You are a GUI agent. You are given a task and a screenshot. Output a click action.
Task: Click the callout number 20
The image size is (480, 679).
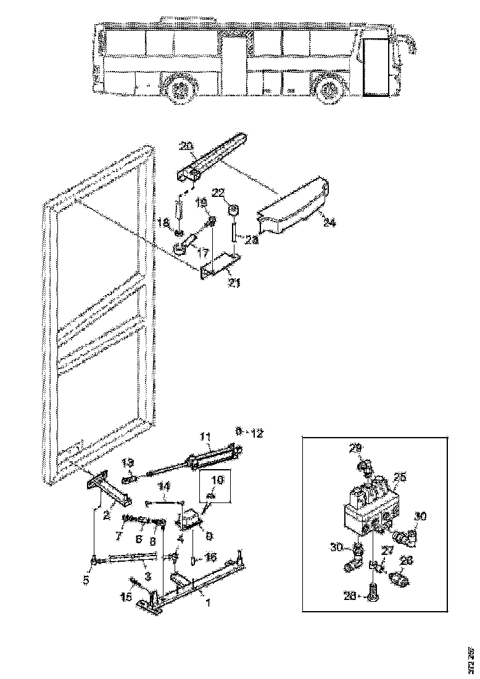pos(187,146)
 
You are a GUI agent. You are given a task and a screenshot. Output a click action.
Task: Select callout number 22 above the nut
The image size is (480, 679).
pos(218,193)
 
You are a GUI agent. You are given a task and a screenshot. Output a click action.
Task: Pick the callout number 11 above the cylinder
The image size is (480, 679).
pos(206,437)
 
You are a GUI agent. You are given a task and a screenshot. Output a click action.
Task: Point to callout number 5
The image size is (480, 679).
pos(86,580)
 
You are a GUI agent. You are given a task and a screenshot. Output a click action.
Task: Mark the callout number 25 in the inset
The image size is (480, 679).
pos(400,477)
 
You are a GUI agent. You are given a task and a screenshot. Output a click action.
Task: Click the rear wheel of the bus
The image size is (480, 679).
pos(180,90)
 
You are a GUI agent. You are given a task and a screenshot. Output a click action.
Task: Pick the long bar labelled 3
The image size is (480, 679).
pos(130,559)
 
